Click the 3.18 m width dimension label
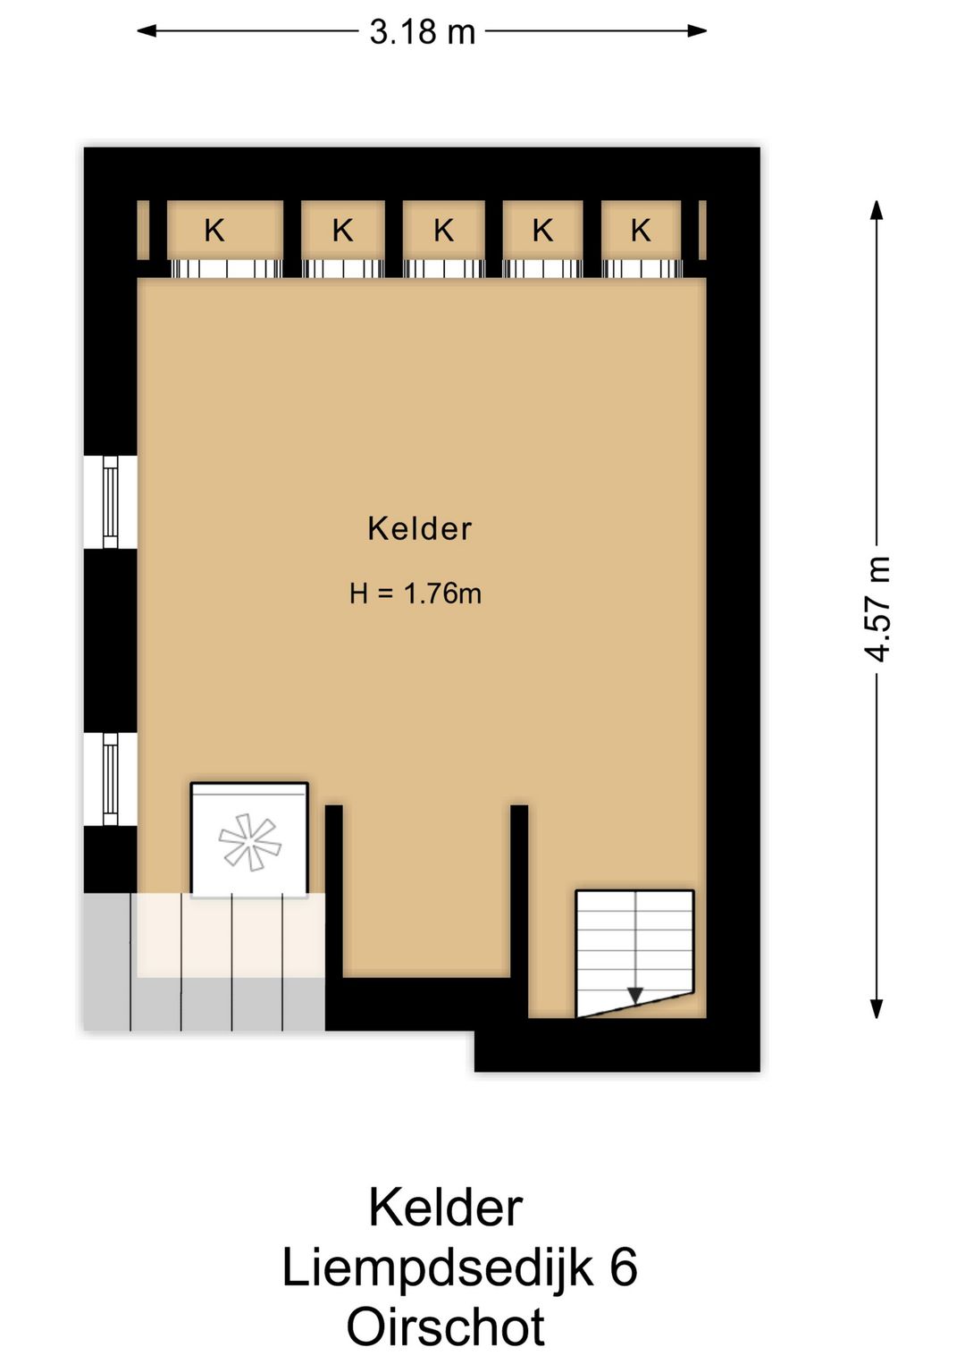pos(422,31)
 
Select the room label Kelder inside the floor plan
pos(419,528)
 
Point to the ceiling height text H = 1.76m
pos(415,594)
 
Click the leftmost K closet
pos(225,231)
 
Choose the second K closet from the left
pos(343,231)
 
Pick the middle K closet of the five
pos(444,231)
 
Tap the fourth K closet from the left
pos(543,231)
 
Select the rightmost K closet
pos(642,231)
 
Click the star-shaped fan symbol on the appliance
pos(249,842)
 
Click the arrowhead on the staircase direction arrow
pos(635,997)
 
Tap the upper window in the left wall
pos(110,502)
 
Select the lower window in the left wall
pos(110,779)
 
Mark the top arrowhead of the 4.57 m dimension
pos(877,210)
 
